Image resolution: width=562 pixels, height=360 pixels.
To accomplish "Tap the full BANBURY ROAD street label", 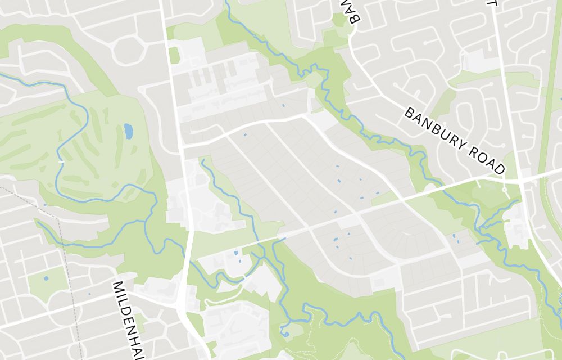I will (455, 139).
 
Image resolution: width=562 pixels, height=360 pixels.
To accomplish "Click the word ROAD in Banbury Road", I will (484, 157).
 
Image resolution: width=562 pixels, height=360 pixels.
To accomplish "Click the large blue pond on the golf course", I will (128, 131).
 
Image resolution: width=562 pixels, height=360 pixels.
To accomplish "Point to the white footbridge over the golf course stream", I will (61, 162).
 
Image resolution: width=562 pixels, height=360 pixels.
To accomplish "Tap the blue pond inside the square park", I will (46, 278).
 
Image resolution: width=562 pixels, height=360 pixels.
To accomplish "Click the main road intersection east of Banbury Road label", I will (522, 181).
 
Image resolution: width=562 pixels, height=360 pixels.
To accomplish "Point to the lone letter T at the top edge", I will (492, 3).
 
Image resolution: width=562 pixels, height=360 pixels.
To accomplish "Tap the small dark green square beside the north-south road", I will (174, 55).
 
